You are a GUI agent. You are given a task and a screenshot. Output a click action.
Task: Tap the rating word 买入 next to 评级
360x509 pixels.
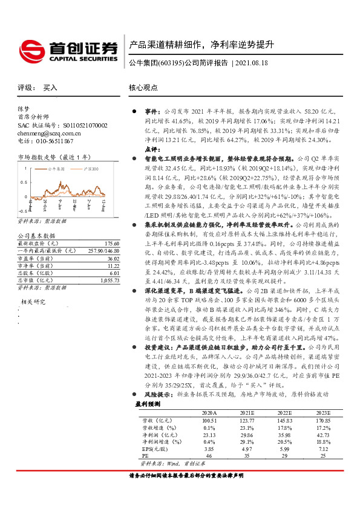click(x=50, y=88)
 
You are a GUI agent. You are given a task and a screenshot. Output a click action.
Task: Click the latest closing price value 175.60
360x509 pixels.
click(x=107, y=241)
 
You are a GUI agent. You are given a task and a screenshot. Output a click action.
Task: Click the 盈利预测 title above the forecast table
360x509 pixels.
click(x=148, y=403)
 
